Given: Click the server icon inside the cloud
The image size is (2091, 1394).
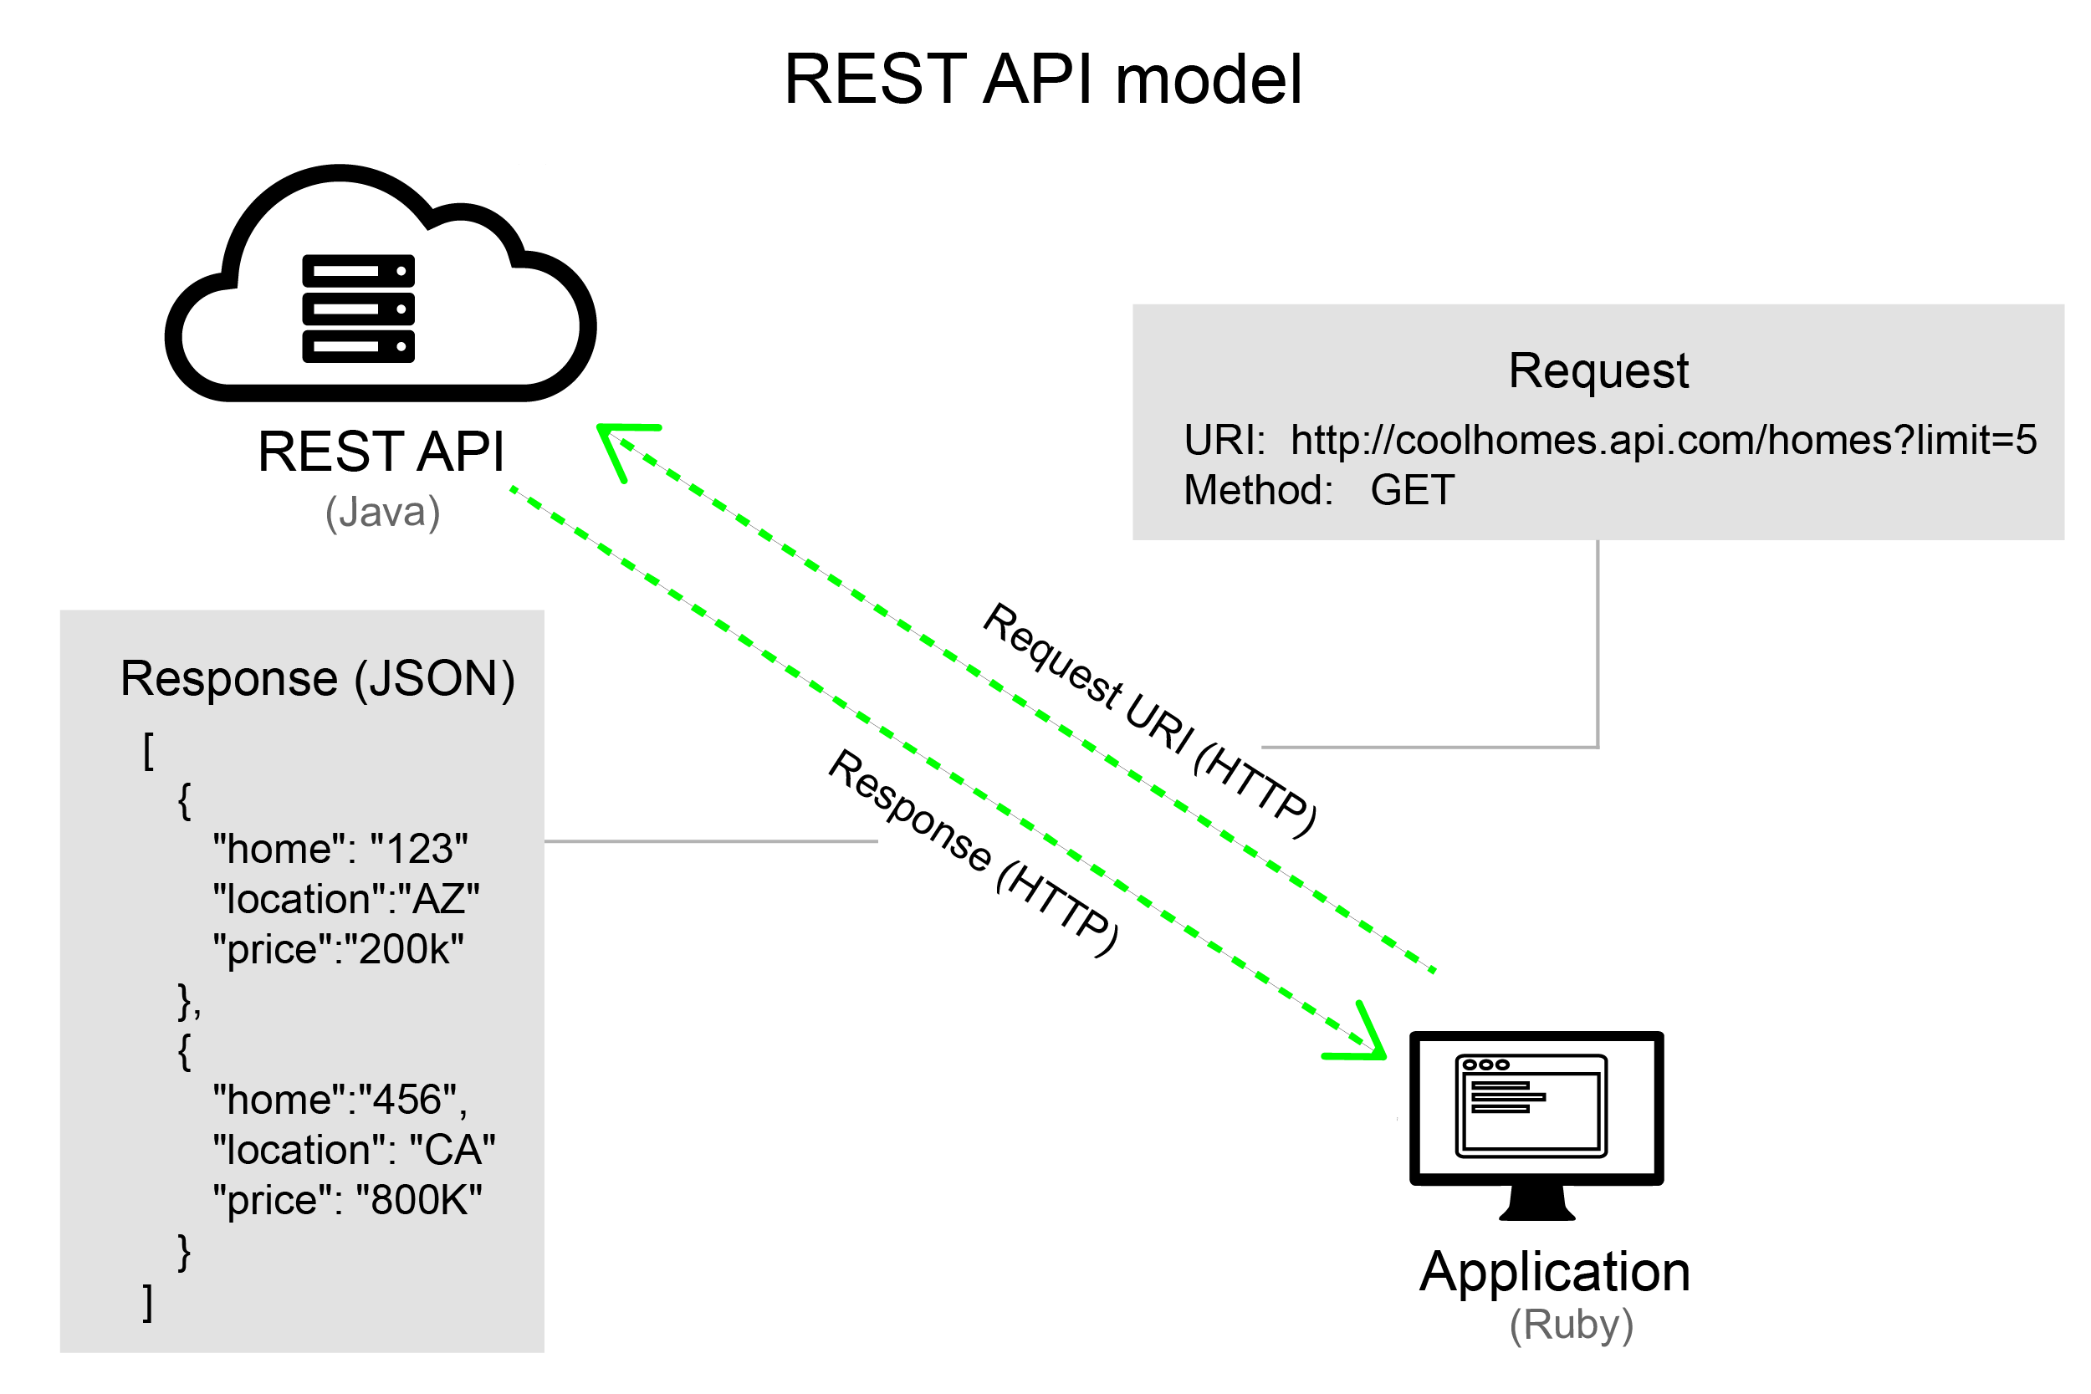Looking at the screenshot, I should point(358,309).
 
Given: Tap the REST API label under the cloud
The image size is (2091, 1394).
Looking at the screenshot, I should point(381,452).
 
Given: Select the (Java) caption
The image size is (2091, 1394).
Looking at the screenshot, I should point(382,512).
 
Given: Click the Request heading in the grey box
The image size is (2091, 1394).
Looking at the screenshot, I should point(1598,370).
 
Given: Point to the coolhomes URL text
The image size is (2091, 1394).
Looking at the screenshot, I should point(1663,441).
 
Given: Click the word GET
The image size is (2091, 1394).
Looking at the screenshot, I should point(1412,491).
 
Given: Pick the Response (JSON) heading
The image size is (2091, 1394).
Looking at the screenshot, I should point(317,679).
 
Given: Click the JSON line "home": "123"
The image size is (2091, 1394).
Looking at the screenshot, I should point(340,849).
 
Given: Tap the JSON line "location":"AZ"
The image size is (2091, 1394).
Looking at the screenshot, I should point(345,900).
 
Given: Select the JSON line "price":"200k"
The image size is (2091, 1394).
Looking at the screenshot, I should point(338,949).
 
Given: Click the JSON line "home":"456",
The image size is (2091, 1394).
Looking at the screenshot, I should point(340,1100).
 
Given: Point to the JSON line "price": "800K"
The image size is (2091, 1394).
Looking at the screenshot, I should point(347,1201).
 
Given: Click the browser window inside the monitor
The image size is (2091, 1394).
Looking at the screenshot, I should point(1531,1106).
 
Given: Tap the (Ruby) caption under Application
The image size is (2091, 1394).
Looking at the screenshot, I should point(1571,1325).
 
